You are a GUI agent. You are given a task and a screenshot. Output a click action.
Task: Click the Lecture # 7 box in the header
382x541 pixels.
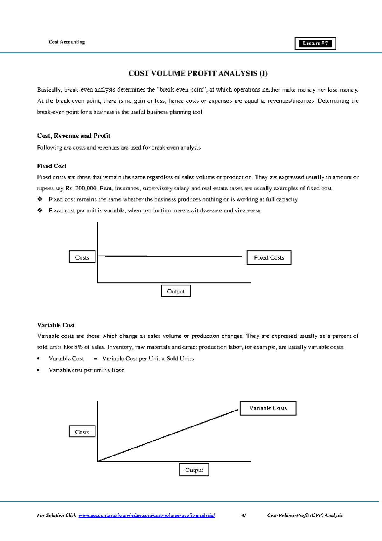coord(315,43)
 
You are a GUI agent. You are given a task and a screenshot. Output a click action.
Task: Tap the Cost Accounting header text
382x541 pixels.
coord(67,42)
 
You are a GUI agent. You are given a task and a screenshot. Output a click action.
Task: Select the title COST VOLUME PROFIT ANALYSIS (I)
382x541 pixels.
coord(198,73)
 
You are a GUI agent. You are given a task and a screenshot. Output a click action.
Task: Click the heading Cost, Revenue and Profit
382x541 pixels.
coord(74,136)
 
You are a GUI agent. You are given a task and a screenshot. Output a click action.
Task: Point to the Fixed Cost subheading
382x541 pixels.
coord(52,166)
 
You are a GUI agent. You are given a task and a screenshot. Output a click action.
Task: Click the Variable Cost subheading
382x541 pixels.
coord(56,325)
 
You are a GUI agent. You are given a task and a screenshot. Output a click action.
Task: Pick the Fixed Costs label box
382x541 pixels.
coord(269,258)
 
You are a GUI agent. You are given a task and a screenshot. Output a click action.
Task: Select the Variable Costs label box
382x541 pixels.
coord(268,408)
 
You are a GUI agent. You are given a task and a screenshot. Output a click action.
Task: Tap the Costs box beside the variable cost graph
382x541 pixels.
coord(82,432)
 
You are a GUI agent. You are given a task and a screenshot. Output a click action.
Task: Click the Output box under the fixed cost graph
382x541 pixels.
coord(176,291)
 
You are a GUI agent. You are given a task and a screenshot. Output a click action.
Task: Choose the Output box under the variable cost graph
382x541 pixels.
coord(194,470)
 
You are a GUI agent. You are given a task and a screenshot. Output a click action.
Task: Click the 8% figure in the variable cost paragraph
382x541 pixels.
coord(78,347)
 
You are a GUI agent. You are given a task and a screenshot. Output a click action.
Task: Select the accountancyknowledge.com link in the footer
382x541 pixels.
coord(146,515)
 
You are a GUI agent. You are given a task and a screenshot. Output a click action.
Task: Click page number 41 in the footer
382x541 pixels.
coord(244,515)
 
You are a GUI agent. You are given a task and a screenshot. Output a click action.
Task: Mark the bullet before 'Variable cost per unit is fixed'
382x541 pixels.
coord(38,370)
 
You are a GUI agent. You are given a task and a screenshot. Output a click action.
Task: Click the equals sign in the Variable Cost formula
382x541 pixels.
coord(95,359)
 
